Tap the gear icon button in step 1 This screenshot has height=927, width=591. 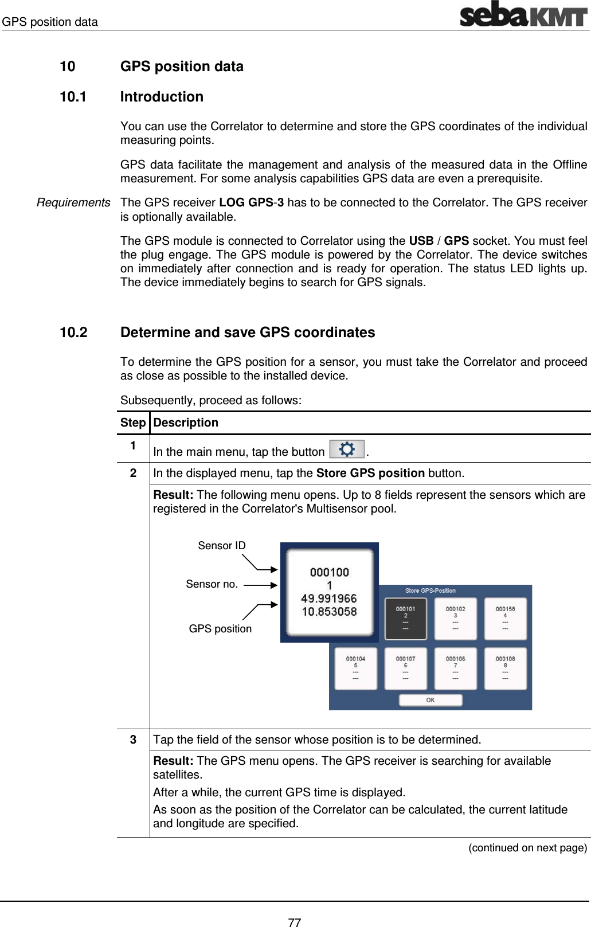[347, 449]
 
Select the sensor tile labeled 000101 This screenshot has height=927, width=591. [405, 619]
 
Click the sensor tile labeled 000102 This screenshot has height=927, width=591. [455, 619]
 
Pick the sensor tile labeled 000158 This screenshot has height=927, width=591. [505, 619]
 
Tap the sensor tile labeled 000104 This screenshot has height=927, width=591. [355, 668]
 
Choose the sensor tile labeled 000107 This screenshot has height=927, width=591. [405, 668]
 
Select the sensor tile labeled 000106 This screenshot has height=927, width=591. [455, 668]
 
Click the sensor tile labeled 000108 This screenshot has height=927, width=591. [505, 668]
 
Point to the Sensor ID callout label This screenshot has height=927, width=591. [221, 546]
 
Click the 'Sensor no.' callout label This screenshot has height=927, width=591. [212, 584]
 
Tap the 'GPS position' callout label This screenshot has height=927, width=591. [220, 629]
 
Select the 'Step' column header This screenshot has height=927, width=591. [133, 423]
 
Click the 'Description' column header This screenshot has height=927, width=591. [186, 423]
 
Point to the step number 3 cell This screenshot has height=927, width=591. [133, 740]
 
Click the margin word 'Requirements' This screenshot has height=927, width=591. [73, 203]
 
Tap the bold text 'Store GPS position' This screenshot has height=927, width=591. [370, 474]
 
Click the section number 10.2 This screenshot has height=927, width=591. [73, 333]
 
